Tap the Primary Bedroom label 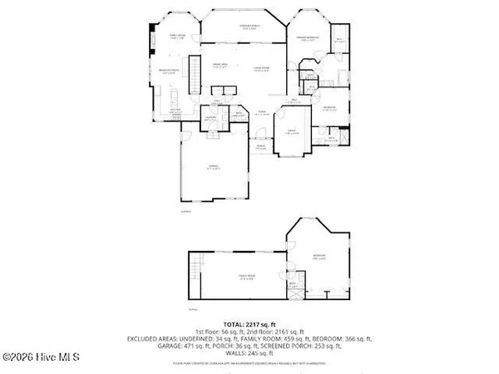coord(309,38)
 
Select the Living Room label coord(263,69)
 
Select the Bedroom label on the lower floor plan coord(319,256)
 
